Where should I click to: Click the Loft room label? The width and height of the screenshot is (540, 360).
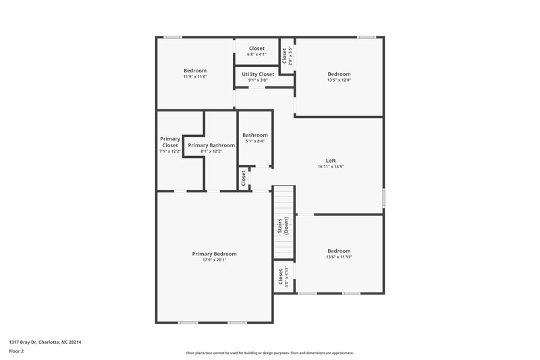pyautogui.click(x=331, y=161)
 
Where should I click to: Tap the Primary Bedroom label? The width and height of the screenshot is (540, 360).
pyautogui.click(x=214, y=254)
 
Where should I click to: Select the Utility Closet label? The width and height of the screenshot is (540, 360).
pyautogui.click(x=256, y=74)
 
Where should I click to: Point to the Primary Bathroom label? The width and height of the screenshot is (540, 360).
pyautogui.click(x=211, y=145)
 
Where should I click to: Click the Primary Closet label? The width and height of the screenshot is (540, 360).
pyautogui.click(x=170, y=142)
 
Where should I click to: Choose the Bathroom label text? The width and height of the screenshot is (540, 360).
pyautogui.click(x=255, y=135)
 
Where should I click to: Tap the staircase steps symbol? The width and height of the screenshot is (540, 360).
pyautogui.click(x=283, y=203)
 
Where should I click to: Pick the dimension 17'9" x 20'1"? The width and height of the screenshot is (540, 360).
pyautogui.click(x=214, y=260)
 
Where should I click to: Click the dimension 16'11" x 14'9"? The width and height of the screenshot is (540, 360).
pyautogui.click(x=331, y=167)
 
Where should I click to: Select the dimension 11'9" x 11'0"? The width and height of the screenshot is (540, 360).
pyautogui.click(x=195, y=77)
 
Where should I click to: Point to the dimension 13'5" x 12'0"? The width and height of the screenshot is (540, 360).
pyautogui.click(x=339, y=80)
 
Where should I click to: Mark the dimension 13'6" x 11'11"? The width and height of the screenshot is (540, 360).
pyautogui.click(x=339, y=257)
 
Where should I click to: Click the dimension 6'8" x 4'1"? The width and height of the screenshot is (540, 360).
pyautogui.click(x=256, y=55)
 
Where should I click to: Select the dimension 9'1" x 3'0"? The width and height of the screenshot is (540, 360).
pyautogui.click(x=256, y=80)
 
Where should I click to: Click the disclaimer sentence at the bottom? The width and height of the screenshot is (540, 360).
pyautogui.click(x=269, y=353)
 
